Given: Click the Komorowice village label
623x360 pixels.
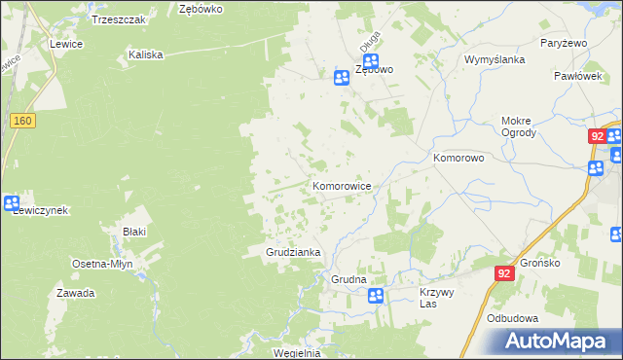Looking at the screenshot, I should point(341,184).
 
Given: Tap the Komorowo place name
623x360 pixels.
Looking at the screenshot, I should point(458,157).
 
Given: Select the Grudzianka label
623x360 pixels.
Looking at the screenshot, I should point(293,252).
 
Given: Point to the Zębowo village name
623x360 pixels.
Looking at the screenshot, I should point(374,70).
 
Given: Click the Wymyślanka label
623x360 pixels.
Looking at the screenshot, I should point(495,59).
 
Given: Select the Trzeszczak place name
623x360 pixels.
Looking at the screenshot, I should point(118,18).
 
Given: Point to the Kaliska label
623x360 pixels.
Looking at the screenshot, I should point(145,55).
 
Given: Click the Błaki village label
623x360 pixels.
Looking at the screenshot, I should point(134,232).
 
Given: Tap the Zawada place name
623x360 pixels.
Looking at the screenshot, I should point(75,293).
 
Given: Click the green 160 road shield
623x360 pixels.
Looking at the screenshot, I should point(23,120).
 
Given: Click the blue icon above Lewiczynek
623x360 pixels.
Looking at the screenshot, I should point(12,203).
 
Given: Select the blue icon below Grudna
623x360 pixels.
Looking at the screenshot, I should point(377,295).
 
